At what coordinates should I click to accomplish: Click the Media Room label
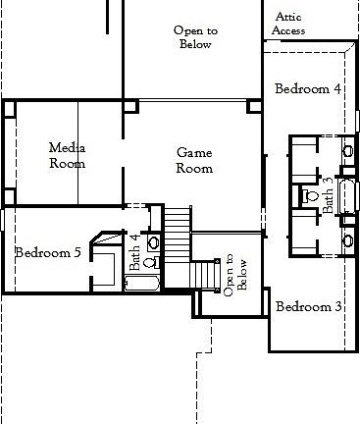pyautogui.click(x=67, y=155)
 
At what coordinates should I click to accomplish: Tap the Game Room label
pyautogui.click(x=193, y=160)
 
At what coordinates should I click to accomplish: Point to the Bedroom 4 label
pyautogui.click(x=308, y=88)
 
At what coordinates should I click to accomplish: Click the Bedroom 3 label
pyautogui.click(x=308, y=306)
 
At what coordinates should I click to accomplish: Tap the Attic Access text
pyautogui.click(x=288, y=24)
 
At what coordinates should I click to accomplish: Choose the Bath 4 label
pyautogui.click(x=135, y=251)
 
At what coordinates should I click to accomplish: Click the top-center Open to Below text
pyautogui.click(x=195, y=37)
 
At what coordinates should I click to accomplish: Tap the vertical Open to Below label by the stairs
pyautogui.click(x=231, y=274)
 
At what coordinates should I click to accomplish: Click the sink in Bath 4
pyautogui.click(x=152, y=241)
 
